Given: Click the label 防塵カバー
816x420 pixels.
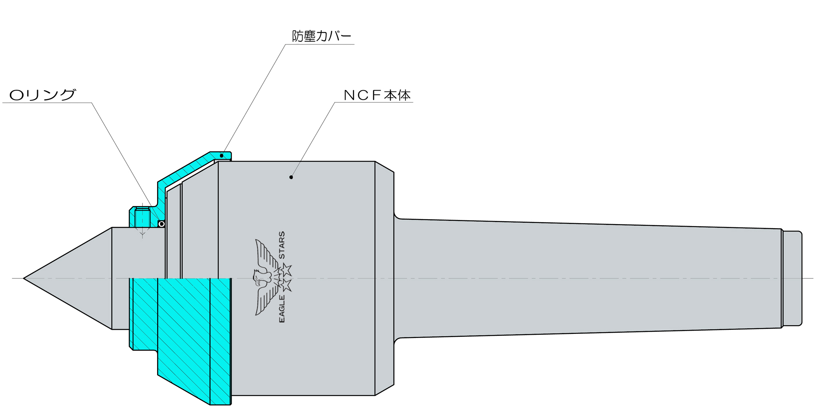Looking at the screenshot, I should [x=322, y=36].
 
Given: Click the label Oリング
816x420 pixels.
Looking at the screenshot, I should [x=42, y=95].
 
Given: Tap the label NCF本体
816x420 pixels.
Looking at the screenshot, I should [x=377, y=95].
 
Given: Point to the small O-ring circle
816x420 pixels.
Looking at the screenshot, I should [x=162, y=224].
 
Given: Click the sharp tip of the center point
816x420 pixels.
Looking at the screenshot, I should [x=24, y=278].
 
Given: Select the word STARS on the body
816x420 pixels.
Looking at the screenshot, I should [x=282, y=245].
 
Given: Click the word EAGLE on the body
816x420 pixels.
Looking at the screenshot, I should [x=282, y=309].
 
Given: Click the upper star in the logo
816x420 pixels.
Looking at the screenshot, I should [x=286, y=270].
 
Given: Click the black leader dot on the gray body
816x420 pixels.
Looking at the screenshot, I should [x=291, y=177].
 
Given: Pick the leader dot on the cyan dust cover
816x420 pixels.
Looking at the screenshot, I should [x=222, y=156].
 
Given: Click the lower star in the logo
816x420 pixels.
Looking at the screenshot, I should [x=286, y=285].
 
